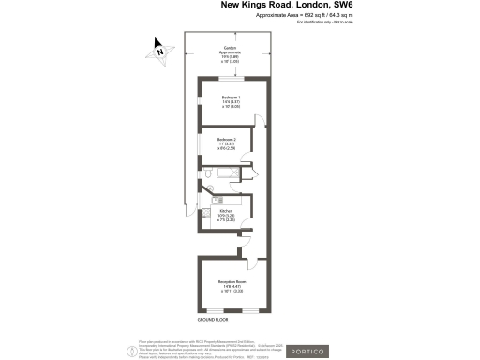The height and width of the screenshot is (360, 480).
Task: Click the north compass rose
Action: point(160,52)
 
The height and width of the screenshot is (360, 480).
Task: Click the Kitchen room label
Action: point(226,213)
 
